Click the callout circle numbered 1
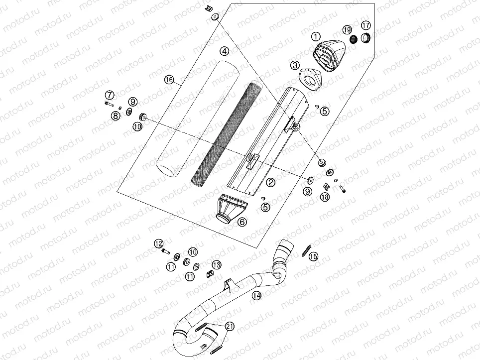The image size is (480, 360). pos(315,36)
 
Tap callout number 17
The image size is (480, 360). pos(365,25)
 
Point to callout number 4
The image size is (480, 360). pos(225,51)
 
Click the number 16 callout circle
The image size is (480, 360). pos(169,80)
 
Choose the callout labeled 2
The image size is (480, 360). pos(270,182)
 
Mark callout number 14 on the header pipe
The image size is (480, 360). pos(256,295)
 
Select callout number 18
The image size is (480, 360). pos(325,197)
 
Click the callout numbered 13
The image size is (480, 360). pos(216,264)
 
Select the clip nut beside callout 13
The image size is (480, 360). pos(210,272)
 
